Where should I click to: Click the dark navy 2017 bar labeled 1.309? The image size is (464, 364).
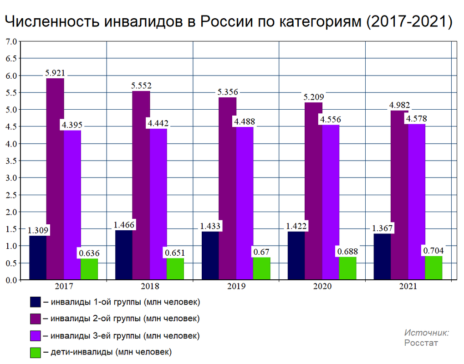point(38,258)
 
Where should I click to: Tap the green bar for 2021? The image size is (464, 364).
point(434,268)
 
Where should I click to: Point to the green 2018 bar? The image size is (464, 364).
point(175,269)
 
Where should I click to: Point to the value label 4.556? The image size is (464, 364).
point(331,120)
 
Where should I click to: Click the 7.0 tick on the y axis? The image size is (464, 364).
point(11,42)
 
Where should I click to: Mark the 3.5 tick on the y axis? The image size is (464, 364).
point(11,161)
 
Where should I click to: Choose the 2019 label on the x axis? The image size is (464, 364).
point(236,287)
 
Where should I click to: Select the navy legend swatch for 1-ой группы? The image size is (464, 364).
point(36,302)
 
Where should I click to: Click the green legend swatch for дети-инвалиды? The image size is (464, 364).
point(36,352)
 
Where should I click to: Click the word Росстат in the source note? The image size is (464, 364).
point(421,343)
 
